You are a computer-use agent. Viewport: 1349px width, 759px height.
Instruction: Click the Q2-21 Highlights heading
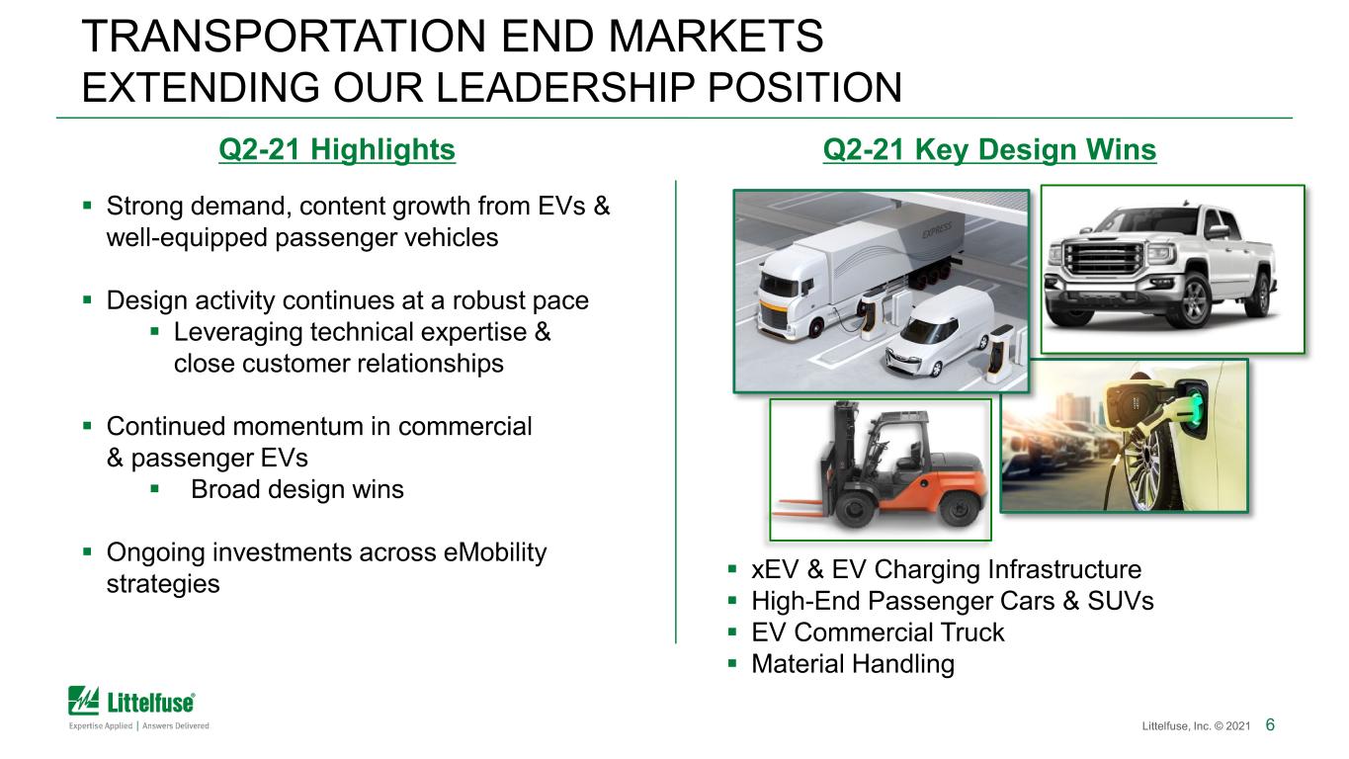click(x=337, y=149)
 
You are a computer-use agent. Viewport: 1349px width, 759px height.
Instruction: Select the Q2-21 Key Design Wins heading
click(x=989, y=149)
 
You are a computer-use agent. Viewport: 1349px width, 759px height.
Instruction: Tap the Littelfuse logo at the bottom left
click(x=131, y=701)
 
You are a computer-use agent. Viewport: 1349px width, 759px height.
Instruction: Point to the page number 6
click(x=1270, y=724)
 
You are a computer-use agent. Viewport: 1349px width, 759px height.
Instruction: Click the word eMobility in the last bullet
click(x=494, y=552)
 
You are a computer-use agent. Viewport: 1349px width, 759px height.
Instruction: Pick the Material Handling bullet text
click(x=853, y=664)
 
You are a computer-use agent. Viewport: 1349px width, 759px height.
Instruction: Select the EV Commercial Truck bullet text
click(x=878, y=632)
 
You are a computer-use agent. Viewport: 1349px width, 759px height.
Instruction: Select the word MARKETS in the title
click(x=716, y=37)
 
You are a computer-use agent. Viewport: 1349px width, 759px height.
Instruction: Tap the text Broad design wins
click(x=296, y=489)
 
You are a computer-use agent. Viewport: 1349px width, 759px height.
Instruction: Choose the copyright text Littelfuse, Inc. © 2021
click(x=1196, y=725)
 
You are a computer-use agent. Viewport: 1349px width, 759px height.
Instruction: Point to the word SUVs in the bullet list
click(x=1120, y=601)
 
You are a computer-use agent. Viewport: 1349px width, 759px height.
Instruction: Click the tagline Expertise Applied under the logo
click(x=101, y=725)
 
